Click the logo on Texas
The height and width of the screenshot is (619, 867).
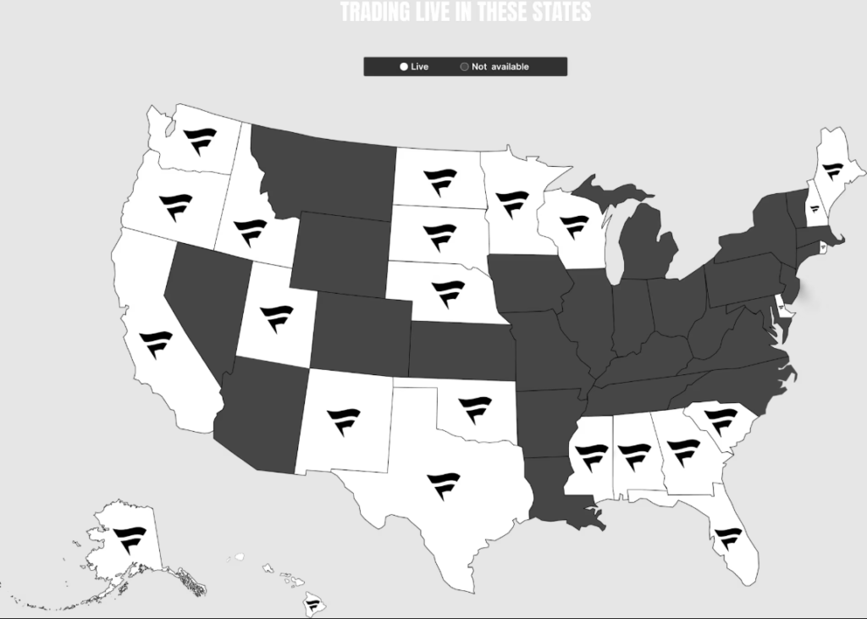tap(444, 485)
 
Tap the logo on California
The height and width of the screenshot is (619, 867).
tap(156, 345)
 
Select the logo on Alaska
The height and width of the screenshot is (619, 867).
tap(130, 539)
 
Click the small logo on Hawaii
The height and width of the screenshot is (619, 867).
tap(314, 605)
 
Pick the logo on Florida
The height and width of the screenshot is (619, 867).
tap(727, 537)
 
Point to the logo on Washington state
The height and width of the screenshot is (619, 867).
tap(201, 141)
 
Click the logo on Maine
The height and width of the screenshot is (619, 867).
tap(833, 171)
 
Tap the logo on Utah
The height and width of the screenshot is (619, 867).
tap(276, 318)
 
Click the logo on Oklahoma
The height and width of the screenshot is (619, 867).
tap(475, 409)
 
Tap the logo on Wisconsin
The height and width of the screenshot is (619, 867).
tap(574, 226)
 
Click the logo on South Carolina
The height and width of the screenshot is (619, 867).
tap(721, 420)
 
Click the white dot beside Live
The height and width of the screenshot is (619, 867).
tap(404, 67)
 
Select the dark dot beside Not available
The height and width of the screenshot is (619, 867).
tap(464, 67)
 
